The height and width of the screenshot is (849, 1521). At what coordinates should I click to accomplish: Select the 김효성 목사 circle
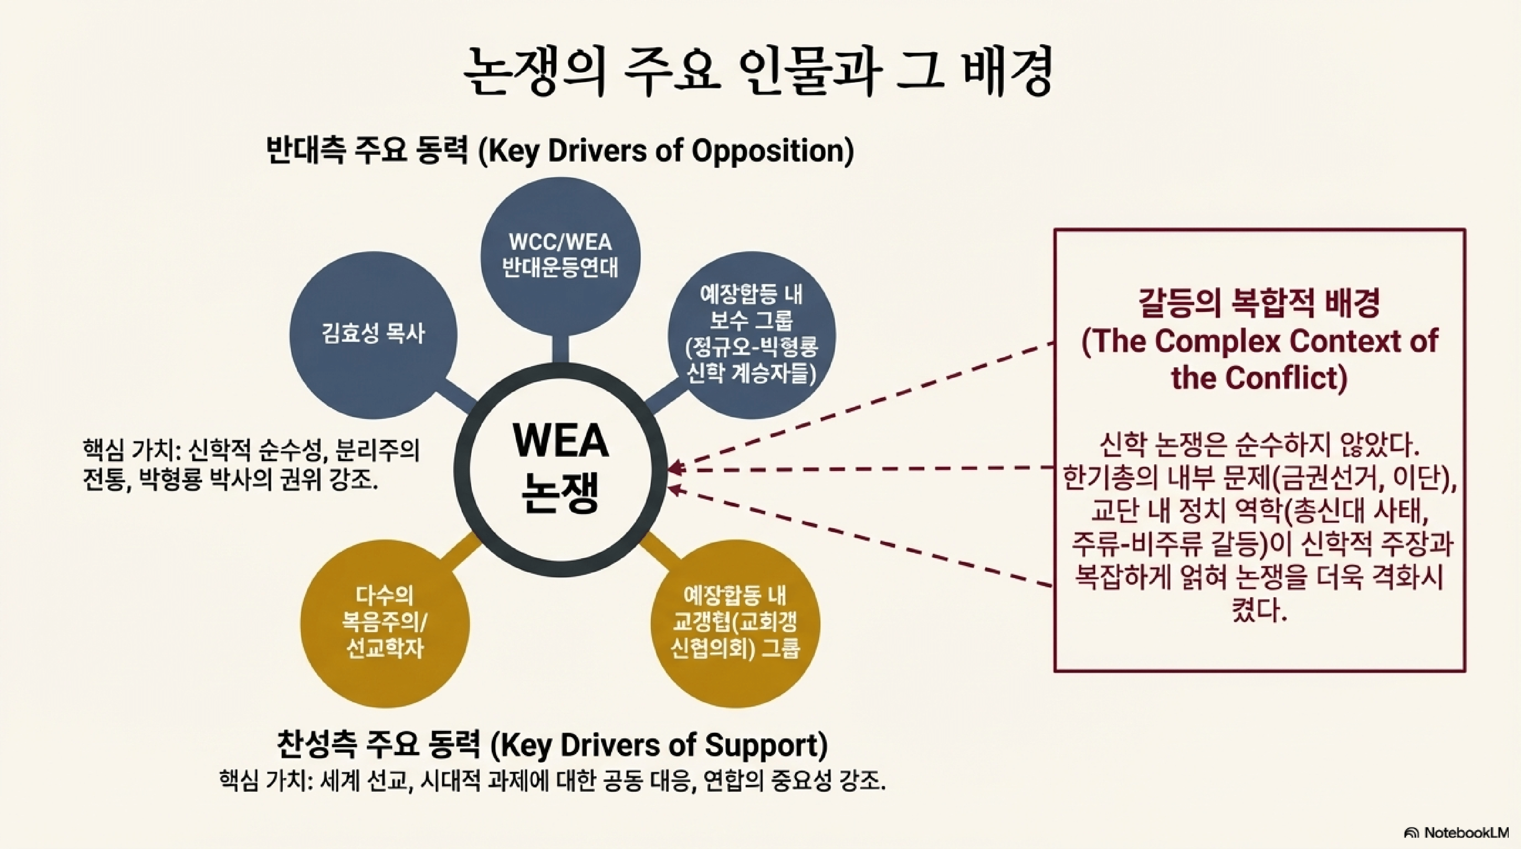click(x=373, y=335)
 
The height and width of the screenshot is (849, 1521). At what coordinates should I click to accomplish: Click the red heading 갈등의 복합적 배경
click(x=1259, y=304)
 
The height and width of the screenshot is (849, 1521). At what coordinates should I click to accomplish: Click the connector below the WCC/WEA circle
click(x=560, y=350)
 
